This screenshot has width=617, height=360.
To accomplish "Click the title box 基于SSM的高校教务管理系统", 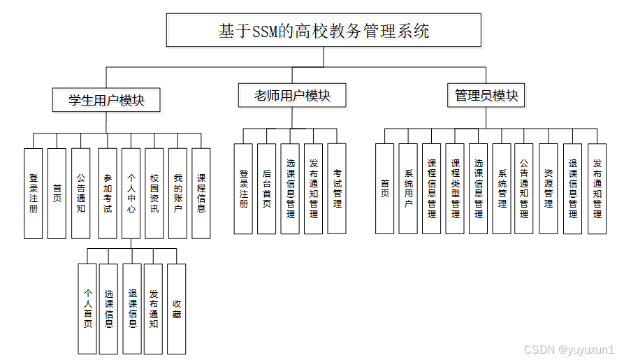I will point(324,31).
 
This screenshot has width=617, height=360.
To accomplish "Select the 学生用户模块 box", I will point(106,100).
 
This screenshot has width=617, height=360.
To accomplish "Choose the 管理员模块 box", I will point(486,96).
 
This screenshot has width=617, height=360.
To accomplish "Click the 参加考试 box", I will point(107,194).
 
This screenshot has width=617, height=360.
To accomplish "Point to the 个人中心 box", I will point(131,194).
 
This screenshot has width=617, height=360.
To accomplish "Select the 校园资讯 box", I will point(154,194).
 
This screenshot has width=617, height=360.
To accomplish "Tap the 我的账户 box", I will point(177,194).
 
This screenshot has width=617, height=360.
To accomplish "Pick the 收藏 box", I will point(177,308).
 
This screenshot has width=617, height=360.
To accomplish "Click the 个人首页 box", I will point(87,308).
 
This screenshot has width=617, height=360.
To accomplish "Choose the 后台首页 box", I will point(266,189).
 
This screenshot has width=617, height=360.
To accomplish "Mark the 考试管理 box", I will point(337,189).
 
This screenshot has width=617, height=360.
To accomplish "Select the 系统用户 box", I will point(408,189).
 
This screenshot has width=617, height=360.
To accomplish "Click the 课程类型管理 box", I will point(455,189).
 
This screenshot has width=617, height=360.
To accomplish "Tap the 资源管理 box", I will point(549,189).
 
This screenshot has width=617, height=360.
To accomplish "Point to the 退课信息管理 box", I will point(572,189).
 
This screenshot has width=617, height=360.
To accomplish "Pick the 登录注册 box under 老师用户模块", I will point(243,189).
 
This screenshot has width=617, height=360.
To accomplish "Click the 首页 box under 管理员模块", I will point(385,189).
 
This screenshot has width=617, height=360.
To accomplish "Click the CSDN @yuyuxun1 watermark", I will point(569,349).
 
